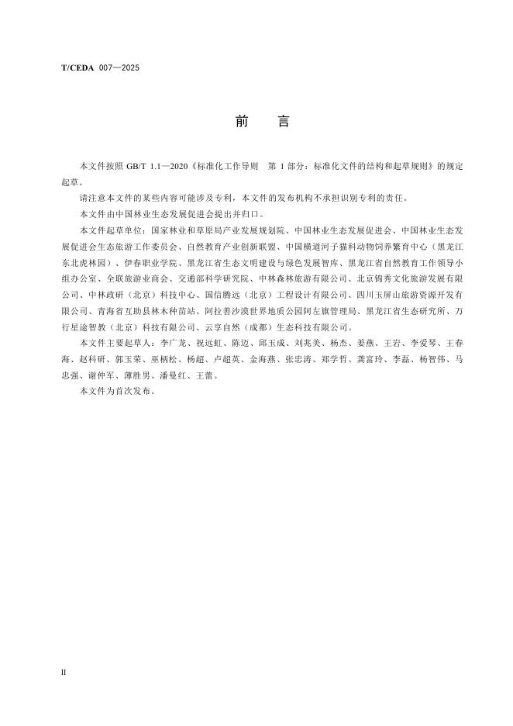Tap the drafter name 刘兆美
(x=324, y=341)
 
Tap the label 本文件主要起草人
(x=115, y=341)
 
